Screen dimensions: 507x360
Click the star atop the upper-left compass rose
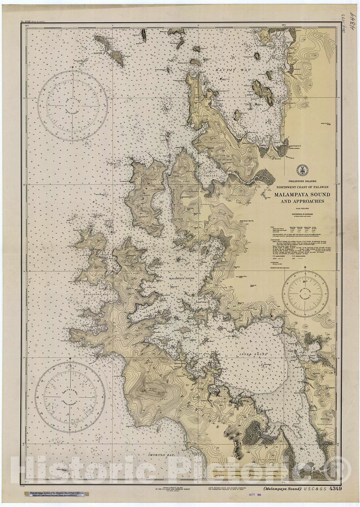point(73,67)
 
